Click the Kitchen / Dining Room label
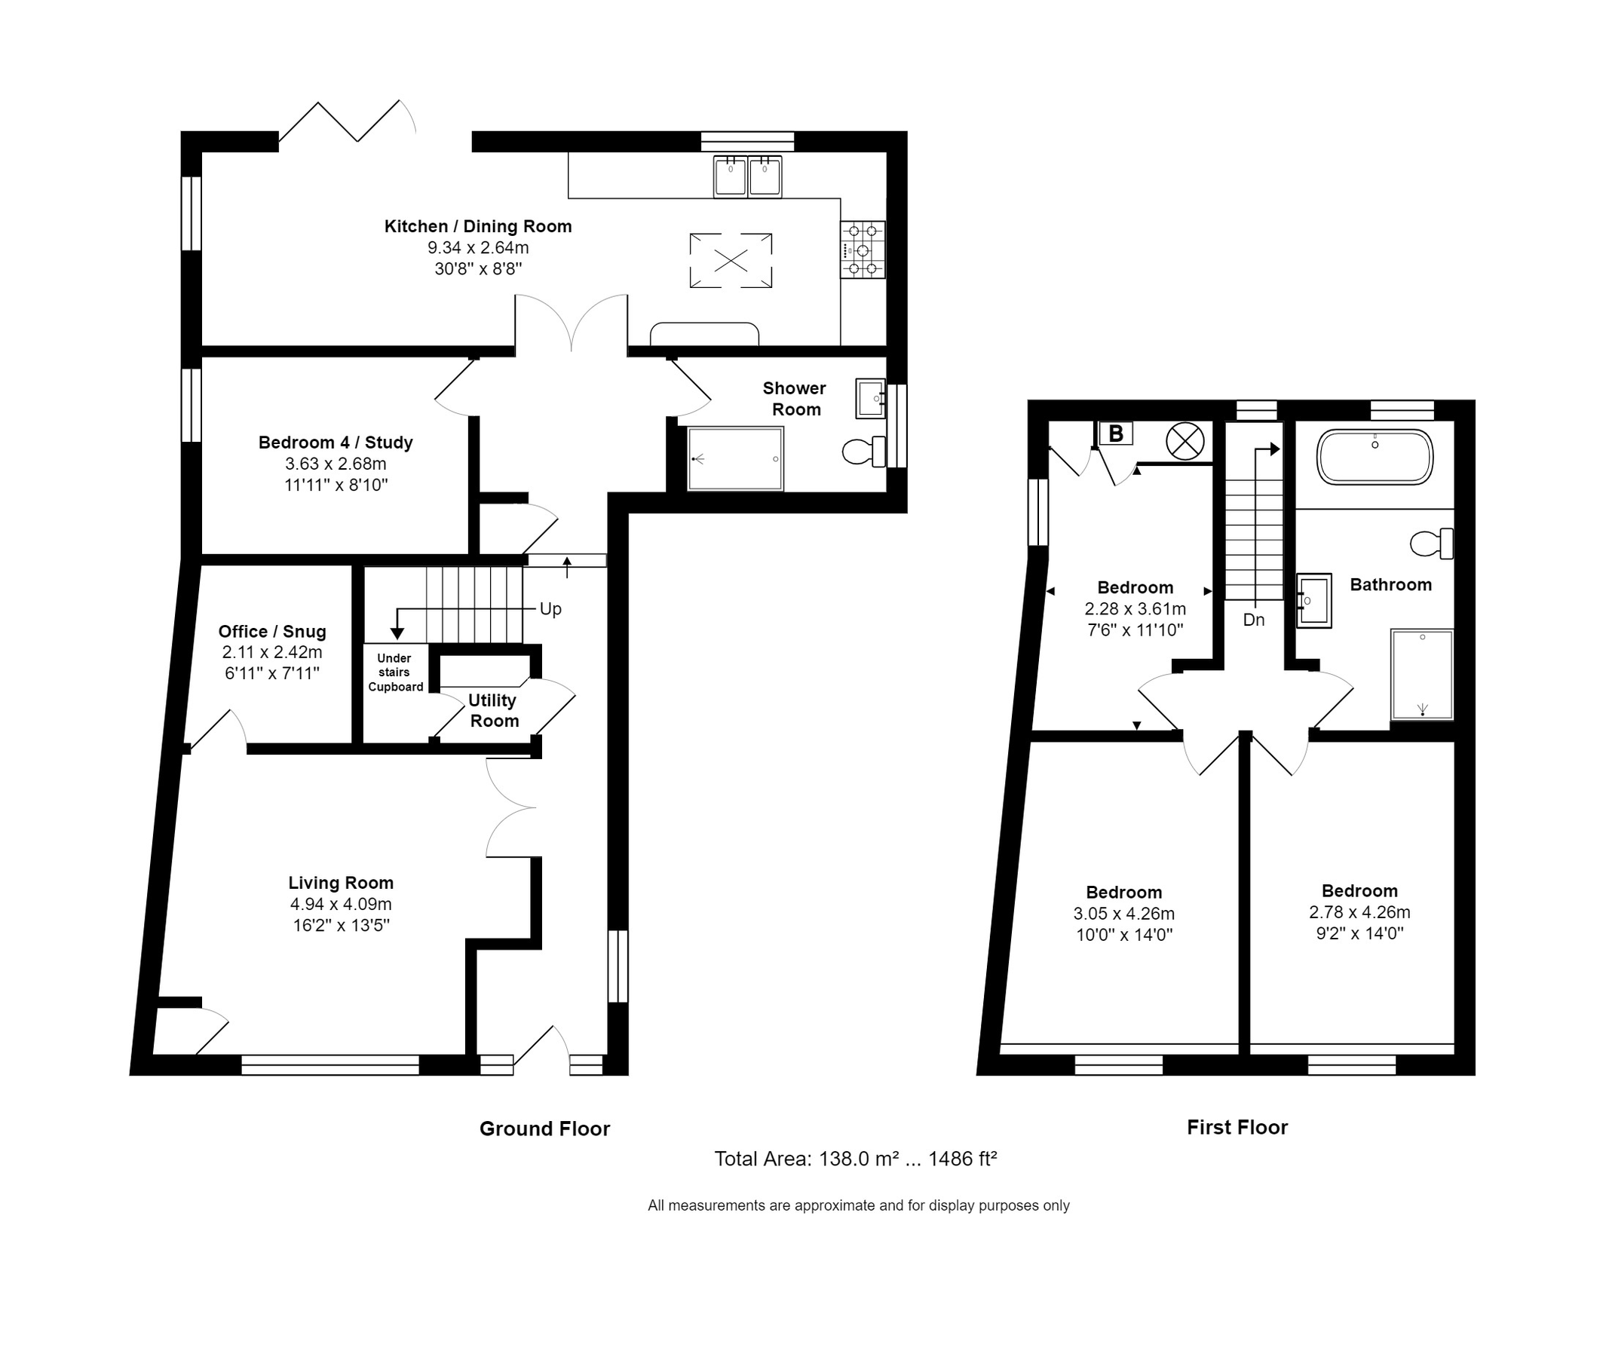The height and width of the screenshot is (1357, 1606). [478, 226]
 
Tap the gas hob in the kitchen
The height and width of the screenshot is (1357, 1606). [862, 250]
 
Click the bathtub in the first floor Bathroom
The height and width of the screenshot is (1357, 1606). [1375, 457]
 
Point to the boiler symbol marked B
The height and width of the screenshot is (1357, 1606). [1116, 434]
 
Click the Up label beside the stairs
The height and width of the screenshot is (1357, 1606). [550, 609]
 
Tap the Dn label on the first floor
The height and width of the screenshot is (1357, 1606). [1254, 620]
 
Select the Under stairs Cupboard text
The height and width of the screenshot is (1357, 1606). [395, 672]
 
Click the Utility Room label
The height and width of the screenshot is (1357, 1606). [493, 710]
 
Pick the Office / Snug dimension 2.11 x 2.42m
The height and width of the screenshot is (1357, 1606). [272, 652]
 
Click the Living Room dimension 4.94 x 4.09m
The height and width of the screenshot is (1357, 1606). [341, 904]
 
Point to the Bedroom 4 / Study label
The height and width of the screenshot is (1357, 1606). [336, 443]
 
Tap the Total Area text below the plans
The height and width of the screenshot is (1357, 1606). [855, 1159]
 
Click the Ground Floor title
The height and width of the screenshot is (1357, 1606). [544, 1129]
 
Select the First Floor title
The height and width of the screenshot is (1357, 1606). [1237, 1127]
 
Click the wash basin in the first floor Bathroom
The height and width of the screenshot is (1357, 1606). [1313, 601]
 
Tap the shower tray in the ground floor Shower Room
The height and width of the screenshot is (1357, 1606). [735, 459]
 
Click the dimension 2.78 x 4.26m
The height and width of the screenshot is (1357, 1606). [1359, 912]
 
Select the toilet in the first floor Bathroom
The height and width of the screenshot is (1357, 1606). [1431, 544]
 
